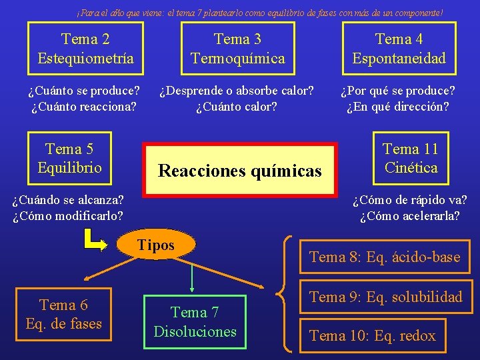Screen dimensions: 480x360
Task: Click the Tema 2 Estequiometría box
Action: coord(85,49)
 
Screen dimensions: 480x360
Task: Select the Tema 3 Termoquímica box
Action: coord(237,49)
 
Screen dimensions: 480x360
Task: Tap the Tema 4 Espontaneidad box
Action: coord(399,49)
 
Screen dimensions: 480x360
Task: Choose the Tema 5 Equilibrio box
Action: coord(69,158)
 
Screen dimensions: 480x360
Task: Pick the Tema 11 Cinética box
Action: coord(410,158)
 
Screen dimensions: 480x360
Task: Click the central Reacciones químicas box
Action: coord(240,170)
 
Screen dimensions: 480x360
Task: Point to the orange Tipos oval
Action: coord(155,246)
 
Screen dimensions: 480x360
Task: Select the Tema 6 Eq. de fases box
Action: coord(63,315)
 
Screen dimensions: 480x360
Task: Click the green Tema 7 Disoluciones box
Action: coord(195,322)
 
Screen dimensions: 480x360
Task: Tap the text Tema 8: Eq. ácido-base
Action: coord(385,257)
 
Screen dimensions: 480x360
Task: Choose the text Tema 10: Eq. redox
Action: coord(372,336)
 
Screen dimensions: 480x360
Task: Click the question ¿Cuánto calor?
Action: coord(237,106)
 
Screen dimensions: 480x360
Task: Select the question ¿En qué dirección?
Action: coord(397,106)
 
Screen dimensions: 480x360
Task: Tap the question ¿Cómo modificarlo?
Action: coord(67,215)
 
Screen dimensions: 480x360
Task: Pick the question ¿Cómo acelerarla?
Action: coord(409,215)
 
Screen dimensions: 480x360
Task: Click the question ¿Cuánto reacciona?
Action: coord(84,106)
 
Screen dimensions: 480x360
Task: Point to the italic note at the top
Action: coord(259,12)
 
